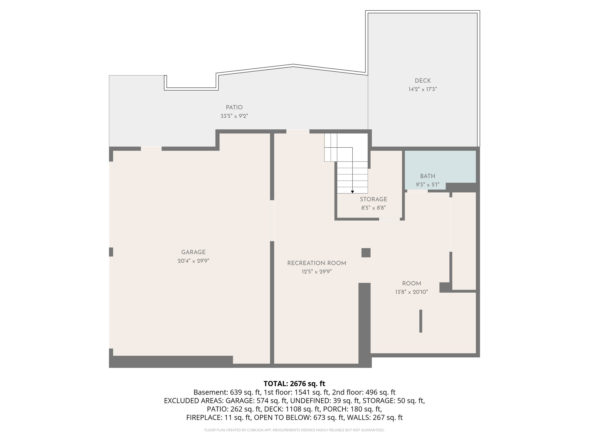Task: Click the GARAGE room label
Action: [x=193, y=252]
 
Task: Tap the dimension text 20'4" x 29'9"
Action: [x=193, y=261]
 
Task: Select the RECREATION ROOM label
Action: [x=317, y=263]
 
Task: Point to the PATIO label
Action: [x=234, y=107]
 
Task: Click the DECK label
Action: [x=422, y=81]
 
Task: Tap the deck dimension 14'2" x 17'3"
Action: [x=422, y=89]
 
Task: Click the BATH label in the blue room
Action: [x=427, y=176]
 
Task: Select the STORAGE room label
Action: [x=373, y=199]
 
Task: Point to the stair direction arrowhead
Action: [x=352, y=192]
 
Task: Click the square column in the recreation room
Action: [x=366, y=253]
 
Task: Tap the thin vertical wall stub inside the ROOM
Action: [x=420, y=321]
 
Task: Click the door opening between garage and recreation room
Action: [x=272, y=220]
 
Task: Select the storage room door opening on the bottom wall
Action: [x=389, y=219]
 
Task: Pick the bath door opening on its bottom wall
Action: [x=417, y=191]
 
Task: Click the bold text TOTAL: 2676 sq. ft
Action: [x=294, y=384]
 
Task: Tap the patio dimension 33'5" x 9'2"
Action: [x=234, y=116]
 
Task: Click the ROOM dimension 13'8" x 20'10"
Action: [x=411, y=292]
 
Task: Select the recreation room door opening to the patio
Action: [x=298, y=132]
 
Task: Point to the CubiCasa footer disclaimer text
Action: [x=294, y=430]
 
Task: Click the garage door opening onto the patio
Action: [x=151, y=149]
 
